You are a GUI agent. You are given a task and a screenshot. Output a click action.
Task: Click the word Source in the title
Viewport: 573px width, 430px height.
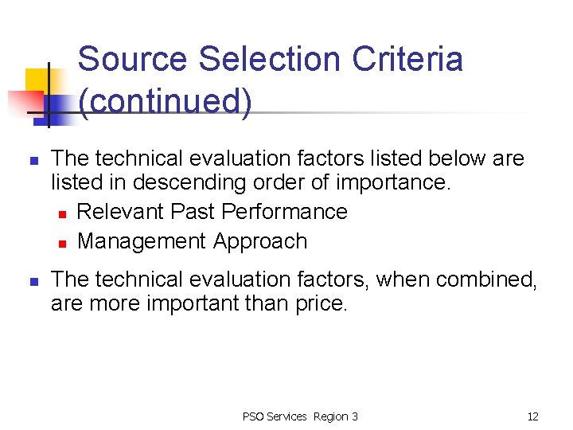click(133, 60)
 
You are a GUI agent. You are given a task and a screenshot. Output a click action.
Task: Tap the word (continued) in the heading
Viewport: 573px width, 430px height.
click(165, 102)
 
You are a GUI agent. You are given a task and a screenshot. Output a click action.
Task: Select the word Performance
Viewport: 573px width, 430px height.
click(285, 212)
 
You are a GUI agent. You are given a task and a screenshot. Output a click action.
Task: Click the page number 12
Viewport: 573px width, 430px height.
click(532, 416)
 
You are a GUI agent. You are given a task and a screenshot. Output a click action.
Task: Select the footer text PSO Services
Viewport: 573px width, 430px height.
click(275, 416)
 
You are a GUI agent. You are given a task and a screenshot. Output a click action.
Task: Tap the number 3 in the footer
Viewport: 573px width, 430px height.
click(355, 416)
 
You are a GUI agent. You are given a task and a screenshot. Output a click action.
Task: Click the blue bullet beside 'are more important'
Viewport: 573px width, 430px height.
click(33, 281)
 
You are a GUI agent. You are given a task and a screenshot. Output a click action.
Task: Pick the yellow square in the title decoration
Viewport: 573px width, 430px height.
click(37, 80)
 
